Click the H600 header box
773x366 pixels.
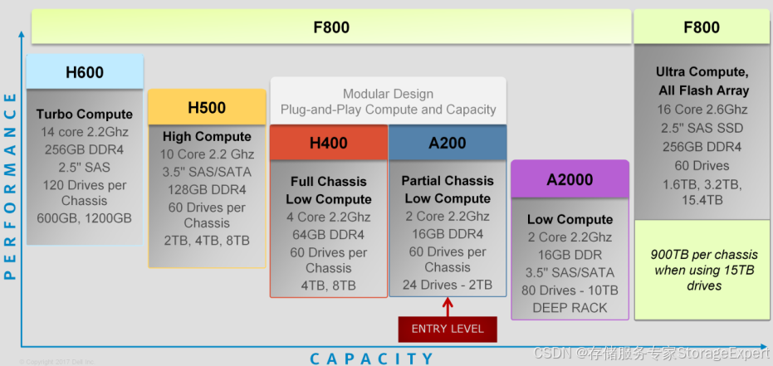[x=85, y=73]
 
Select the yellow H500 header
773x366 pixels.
[x=207, y=108]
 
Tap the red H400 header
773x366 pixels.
[x=328, y=143]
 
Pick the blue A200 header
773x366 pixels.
[x=448, y=143]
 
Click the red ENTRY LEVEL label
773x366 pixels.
[x=448, y=329]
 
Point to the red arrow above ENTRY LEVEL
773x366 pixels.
[x=448, y=306]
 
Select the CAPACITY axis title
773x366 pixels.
[x=372, y=359]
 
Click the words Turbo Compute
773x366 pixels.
[x=85, y=114]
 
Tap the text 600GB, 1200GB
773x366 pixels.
[x=85, y=218]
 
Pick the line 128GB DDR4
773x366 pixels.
[x=207, y=189]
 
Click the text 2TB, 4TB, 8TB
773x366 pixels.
[x=207, y=241]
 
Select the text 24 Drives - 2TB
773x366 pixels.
[x=448, y=285]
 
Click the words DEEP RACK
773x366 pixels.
[x=570, y=308]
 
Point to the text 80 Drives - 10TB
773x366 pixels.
[x=570, y=290]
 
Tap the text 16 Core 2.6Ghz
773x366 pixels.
[x=702, y=110]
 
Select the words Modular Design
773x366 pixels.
[x=388, y=94]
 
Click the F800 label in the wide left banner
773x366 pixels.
[x=330, y=28]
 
